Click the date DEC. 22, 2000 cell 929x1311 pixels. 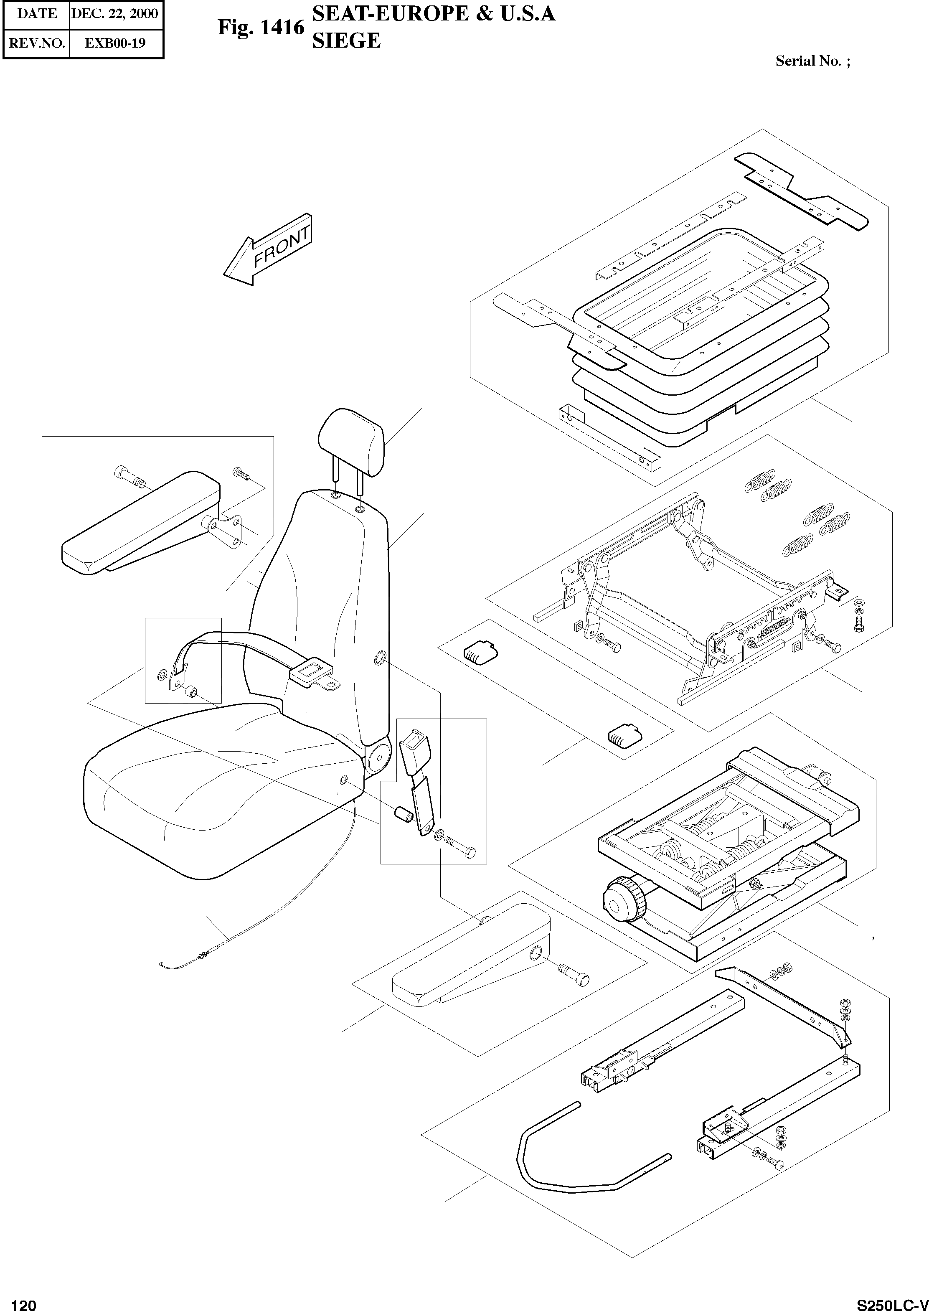[115, 14]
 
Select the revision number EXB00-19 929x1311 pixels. [115, 43]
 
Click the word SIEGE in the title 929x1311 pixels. [346, 41]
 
